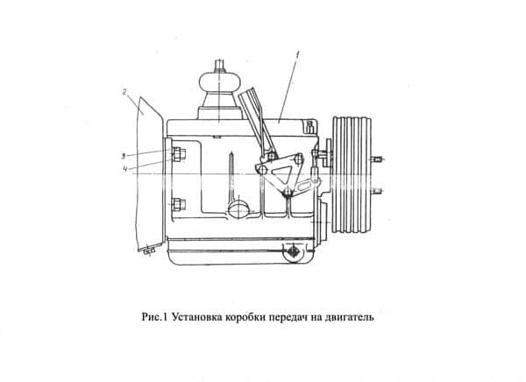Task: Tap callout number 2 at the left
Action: [124, 92]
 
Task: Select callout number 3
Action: [124, 156]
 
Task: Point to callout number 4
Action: [124, 169]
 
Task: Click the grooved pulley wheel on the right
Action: [352, 174]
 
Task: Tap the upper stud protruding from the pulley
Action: [377, 159]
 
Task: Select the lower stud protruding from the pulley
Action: [377, 192]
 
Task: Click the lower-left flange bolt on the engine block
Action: [179, 205]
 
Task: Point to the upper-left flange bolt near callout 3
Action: [179, 154]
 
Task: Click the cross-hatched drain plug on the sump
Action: [294, 251]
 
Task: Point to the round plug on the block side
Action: [238, 209]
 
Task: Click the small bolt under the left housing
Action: [149, 251]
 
